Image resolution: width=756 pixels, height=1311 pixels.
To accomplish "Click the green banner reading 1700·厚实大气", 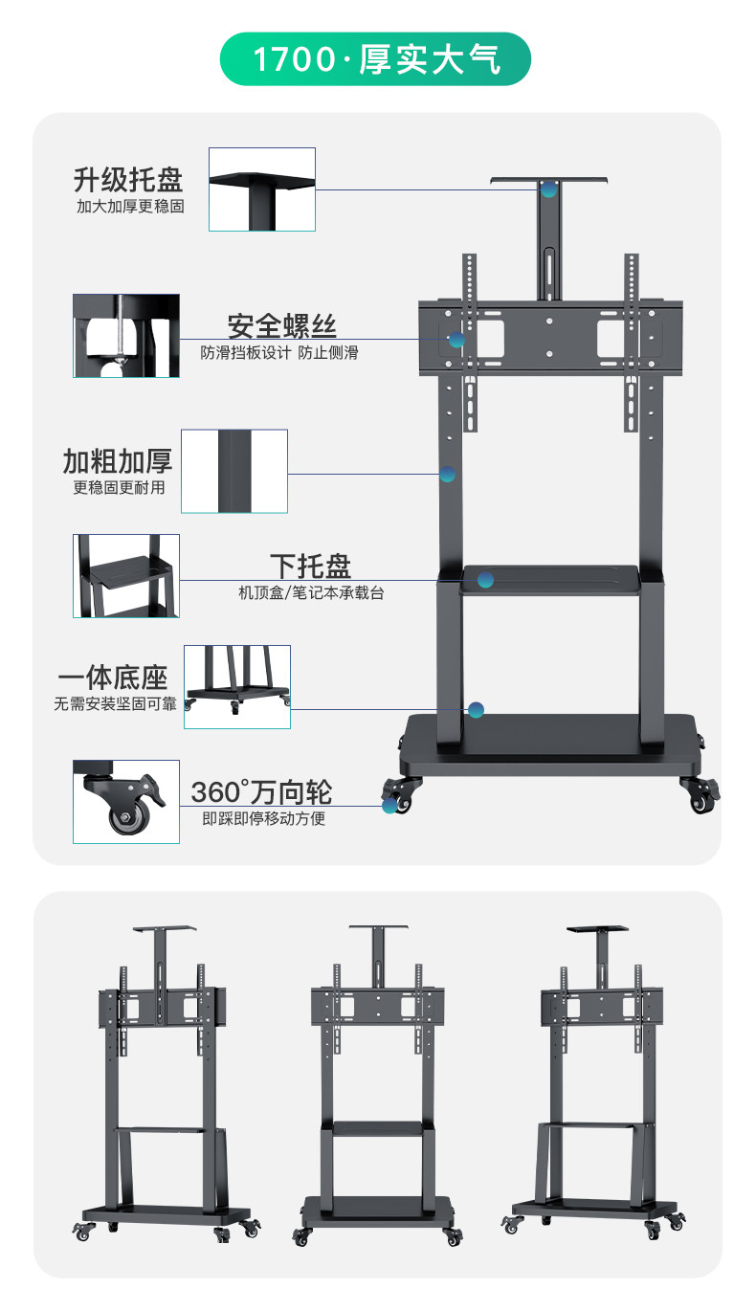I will [x=376, y=59].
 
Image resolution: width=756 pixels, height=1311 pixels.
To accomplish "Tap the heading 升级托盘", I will [x=128, y=179].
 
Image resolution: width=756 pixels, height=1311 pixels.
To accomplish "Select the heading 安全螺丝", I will [x=281, y=325].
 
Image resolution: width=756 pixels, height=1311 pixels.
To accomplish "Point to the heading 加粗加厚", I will [x=118, y=461].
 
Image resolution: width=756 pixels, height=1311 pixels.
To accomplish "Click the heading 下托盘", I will [x=310, y=566].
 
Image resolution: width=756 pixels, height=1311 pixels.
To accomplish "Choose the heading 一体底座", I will [x=113, y=678].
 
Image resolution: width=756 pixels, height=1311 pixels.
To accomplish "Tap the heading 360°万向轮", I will [x=261, y=792].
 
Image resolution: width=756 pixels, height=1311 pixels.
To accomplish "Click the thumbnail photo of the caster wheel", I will [x=126, y=802].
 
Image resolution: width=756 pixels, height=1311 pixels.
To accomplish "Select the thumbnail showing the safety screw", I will [x=126, y=336].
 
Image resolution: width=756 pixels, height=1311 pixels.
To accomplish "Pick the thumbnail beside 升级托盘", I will [x=262, y=189].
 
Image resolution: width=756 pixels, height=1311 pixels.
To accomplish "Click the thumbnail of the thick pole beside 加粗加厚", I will [x=234, y=471].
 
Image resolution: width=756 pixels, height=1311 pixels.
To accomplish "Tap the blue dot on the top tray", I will [x=548, y=189].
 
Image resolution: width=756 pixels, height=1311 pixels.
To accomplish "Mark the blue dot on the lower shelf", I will [x=486, y=580].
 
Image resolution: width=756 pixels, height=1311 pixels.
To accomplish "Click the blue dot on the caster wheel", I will [x=389, y=806].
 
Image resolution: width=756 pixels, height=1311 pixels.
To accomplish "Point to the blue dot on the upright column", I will [x=447, y=474].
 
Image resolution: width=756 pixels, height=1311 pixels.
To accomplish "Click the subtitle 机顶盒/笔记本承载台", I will [x=311, y=593].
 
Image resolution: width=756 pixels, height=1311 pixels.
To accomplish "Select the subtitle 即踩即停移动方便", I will [x=263, y=819].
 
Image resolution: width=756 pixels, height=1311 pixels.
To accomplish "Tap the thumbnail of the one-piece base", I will [x=237, y=687].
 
